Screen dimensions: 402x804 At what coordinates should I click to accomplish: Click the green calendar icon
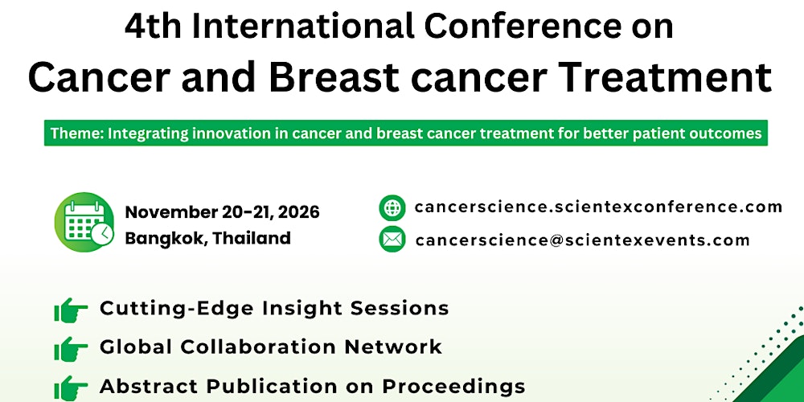click(x=84, y=221)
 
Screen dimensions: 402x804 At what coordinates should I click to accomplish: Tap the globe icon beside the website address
click(x=392, y=207)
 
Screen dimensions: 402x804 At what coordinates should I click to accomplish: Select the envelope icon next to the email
click(x=392, y=240)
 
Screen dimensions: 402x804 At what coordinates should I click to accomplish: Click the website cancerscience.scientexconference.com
click(x=598, y=207)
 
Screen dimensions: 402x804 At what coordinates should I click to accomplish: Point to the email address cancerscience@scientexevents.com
click(x=582, y=240)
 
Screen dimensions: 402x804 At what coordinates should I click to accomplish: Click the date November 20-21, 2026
click(x=222, y=212)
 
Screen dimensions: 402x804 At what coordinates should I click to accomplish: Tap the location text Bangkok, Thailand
click(x=207, y=238)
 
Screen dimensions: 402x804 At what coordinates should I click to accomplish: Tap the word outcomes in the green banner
click(x=726, y=133)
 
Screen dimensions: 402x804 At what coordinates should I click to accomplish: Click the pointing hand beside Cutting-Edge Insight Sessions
click(x=71, y=309)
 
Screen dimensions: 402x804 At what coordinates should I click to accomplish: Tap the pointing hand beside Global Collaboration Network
click(x=71, y=348)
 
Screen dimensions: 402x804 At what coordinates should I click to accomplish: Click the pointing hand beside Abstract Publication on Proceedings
click(x=71, y=386)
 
